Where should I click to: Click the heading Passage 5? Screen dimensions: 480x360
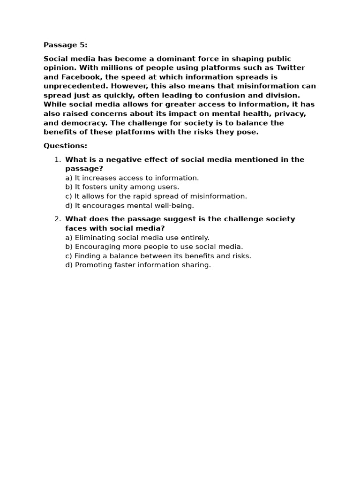pos(65,45)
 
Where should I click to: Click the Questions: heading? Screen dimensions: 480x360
pos(65,146)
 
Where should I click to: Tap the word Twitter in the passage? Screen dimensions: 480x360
pos(291,68)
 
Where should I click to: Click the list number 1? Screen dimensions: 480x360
pos(57,159)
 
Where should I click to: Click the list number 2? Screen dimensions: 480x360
pos(57,219)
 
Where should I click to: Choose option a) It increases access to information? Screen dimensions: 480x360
pos(132,178)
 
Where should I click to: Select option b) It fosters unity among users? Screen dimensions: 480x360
pos(122,187)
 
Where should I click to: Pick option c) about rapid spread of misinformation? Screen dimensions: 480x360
pos(156,196)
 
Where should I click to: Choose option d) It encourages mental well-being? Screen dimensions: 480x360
pos(129,205)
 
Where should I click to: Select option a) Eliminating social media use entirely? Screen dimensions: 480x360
pos(137,238)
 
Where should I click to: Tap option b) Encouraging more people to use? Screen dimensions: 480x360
pos(154,247)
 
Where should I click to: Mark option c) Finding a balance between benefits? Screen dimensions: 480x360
pos(158,256)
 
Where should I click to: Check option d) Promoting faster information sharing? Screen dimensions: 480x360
pos(138,265)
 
